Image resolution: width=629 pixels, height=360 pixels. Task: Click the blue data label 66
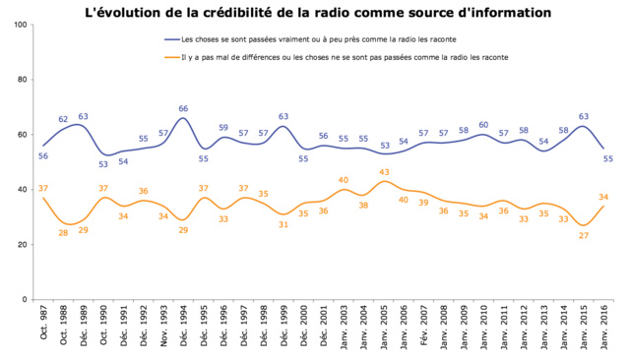[x=183, y=108]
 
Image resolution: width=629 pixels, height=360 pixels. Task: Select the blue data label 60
[x=483, y=125]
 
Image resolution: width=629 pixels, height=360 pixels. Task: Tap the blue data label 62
[x=63, y=119]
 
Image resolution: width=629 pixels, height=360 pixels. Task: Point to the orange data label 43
[x=384, y=172]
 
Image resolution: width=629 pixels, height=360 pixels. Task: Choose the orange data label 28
[x=63, y=232]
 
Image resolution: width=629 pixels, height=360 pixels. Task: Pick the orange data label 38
[x=363, y=206]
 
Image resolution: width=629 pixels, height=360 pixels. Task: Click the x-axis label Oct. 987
[x=44, y=329]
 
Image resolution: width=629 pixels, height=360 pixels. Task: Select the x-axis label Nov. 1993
[x=163, y=331]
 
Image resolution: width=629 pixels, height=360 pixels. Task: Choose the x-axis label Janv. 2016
[x=605, y=331]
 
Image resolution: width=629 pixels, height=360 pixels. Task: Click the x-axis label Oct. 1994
[x=184, y=331]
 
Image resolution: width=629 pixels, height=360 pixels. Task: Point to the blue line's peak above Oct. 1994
[x=183, y=118]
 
